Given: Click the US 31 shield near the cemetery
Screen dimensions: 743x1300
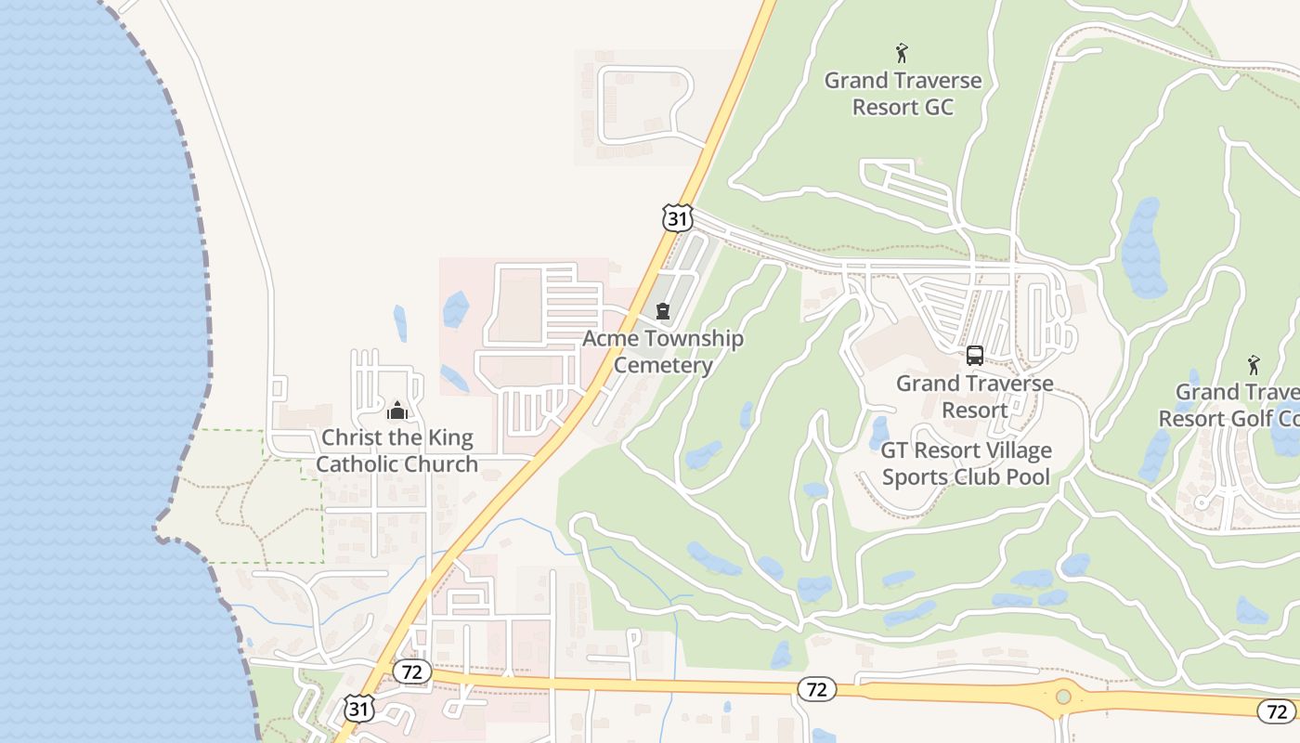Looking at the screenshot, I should point(678,218).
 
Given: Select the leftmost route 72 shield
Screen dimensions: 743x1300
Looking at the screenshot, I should point(411,671).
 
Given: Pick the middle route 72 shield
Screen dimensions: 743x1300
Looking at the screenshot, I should point(816,689).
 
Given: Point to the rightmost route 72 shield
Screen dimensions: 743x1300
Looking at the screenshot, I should point(1276,711).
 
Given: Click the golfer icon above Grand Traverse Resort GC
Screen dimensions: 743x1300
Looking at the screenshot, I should point(902,53).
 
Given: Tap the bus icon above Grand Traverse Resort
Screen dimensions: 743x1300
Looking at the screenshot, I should point(974,355).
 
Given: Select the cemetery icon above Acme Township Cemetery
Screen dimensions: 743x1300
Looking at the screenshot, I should point(663,311).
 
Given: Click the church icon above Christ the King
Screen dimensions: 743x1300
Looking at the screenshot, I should point(397,410).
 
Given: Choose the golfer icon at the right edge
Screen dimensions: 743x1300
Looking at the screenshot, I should point(1254,364).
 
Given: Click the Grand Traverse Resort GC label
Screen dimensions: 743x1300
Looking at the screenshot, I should point(903,94).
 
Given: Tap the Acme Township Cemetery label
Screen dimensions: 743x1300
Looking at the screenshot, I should point(663,351).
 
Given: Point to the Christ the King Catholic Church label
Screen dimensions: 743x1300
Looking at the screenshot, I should point(397,450).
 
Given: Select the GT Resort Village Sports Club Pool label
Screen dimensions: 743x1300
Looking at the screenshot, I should point(966,463).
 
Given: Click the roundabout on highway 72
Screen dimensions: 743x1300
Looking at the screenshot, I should point(1063,697).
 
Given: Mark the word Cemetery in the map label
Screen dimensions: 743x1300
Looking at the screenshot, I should point(663,365).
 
